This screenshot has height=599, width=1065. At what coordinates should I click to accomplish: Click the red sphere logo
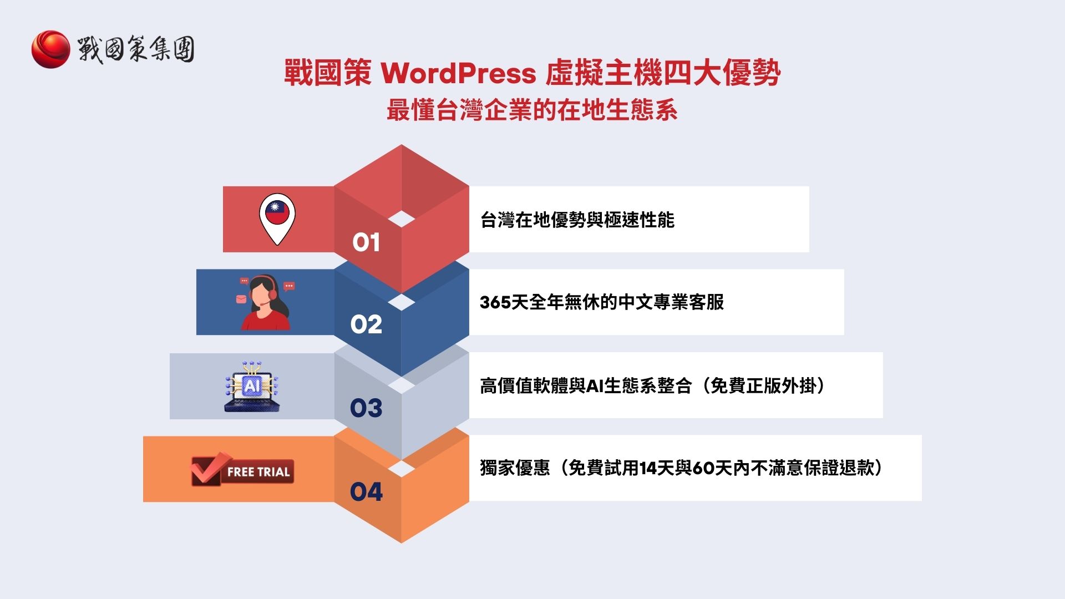pyautogui.click(x=50, y=49)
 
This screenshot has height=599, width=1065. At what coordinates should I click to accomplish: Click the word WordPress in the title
pyautogui.click(x=458, y=73)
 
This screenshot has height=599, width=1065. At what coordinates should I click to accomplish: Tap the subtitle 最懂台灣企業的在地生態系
pyautogui.click(x=532, y=110)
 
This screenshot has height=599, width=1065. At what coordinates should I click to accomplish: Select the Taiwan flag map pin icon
pyautogui.click(x=277, y=217)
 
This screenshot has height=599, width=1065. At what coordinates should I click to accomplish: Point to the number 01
pyautogui.click(x=366, y=242)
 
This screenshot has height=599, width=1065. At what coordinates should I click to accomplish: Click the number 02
pyautogui.click(x=366, y=324)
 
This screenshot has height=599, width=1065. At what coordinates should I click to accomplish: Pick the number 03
pyautogui.click(x=366, y=408)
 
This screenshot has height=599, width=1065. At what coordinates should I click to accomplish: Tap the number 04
pyautogui.click(x=366, y=491)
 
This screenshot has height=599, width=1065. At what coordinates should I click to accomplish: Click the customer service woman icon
pyautogui.click(x=265, y=303)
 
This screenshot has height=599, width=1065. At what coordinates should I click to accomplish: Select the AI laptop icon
pyautogui.click(x=252, y=387)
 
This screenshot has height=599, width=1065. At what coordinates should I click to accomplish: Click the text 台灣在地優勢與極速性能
pyautogui.click(x=577, y=220)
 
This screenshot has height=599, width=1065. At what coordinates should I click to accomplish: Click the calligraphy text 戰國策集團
pyautogui.click(x=136, y=49)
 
